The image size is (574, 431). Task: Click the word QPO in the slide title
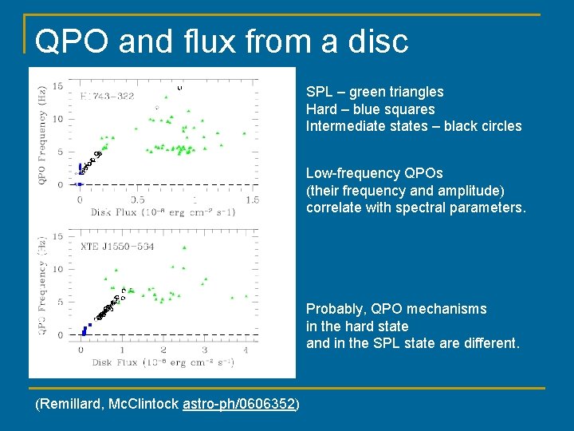point(71,41)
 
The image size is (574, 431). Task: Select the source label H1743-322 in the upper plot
point(107,97)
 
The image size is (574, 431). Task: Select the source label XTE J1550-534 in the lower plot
point(117,247)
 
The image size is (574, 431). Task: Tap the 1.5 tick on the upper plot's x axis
point(252,200)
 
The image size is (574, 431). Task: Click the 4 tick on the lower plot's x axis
point(246,350)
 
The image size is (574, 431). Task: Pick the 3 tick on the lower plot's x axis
point(204,350)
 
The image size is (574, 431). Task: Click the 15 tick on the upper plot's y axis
point(58,86)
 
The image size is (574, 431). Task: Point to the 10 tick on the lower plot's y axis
point(58,270)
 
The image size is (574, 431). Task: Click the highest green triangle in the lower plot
point(183,248)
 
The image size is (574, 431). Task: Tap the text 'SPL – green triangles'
point(375,92)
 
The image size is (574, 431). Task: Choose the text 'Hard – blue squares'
point(370,109)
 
